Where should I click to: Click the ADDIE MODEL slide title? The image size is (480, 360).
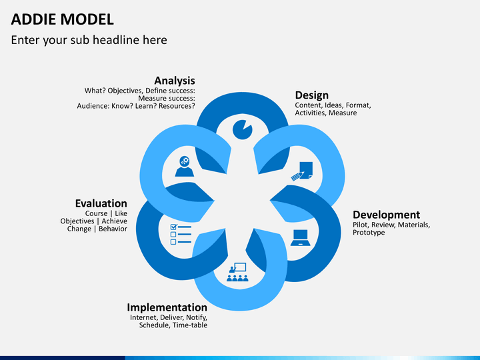coord(62,19)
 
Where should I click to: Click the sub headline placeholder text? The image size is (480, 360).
coord(89,40)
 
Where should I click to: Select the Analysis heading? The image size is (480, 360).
coord(175,81)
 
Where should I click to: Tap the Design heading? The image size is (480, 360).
coord(311,95)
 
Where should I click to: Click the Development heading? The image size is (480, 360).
coord(386,215)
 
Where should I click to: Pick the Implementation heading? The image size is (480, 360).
coord(167,307)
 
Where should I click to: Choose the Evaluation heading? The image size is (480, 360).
coord(101,203)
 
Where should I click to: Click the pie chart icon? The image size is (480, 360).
coord(242,129)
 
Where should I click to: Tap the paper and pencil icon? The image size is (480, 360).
coord(303,171)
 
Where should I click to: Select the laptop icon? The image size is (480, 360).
coord(301,237)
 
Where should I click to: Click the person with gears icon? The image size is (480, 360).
coord(184,167)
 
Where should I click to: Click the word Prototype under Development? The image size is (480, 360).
coord(369,233)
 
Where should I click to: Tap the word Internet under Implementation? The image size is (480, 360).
coord(144,317)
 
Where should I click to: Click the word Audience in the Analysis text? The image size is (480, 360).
coord(94,105)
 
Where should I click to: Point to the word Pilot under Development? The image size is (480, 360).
coord(361,225)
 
